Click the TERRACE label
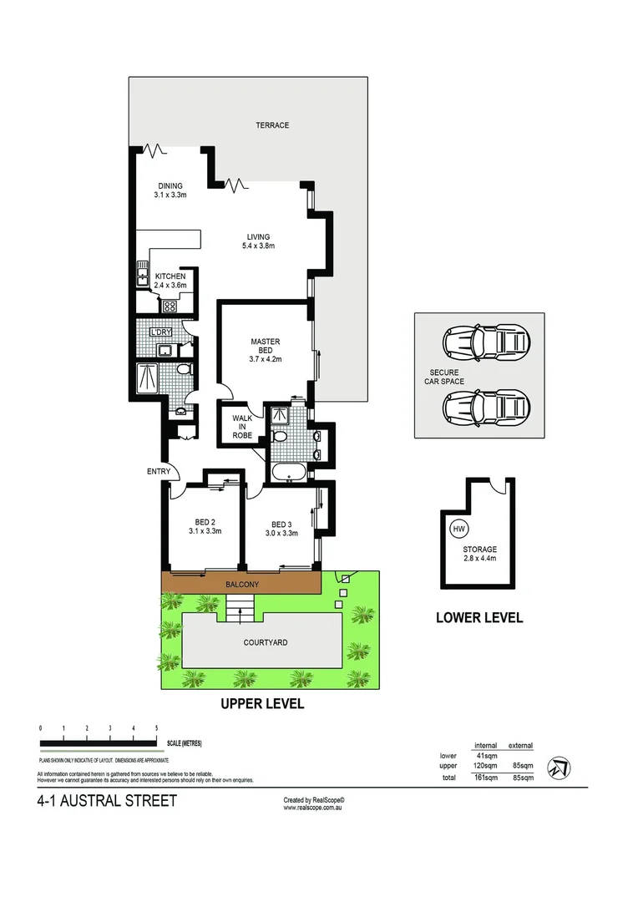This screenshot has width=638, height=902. tap(272, 125)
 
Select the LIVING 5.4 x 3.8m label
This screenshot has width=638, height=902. tap(257, 241)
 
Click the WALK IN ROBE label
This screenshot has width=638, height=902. tap(242, 426)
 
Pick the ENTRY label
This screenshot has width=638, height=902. tap(159, 472)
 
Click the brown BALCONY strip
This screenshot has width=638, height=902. tap(241, 584)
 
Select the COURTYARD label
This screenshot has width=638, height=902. tap(266, 642)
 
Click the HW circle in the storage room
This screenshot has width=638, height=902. tap(458, 529)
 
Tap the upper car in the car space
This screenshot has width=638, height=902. tap(486, 341)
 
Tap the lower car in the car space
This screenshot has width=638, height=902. tap(486, 408)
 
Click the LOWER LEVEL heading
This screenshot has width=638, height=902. tap(479, 618)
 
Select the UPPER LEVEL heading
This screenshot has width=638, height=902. tap(262, 704)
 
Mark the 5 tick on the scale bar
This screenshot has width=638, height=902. tap(157, 729)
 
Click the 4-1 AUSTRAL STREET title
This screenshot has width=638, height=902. tap(107, 801)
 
